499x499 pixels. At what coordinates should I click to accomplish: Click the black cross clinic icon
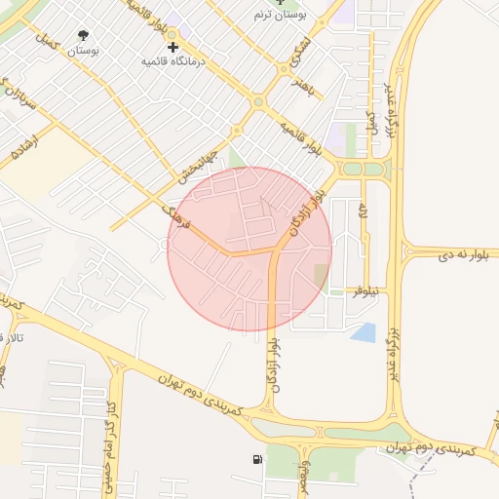coord(173,47)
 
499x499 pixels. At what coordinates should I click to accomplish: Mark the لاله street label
coord(363,212)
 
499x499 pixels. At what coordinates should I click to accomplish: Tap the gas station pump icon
coord(256,459)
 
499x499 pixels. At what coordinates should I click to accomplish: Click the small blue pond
coord(364,332)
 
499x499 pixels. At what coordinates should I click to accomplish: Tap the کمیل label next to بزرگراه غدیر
coord(371,121)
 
